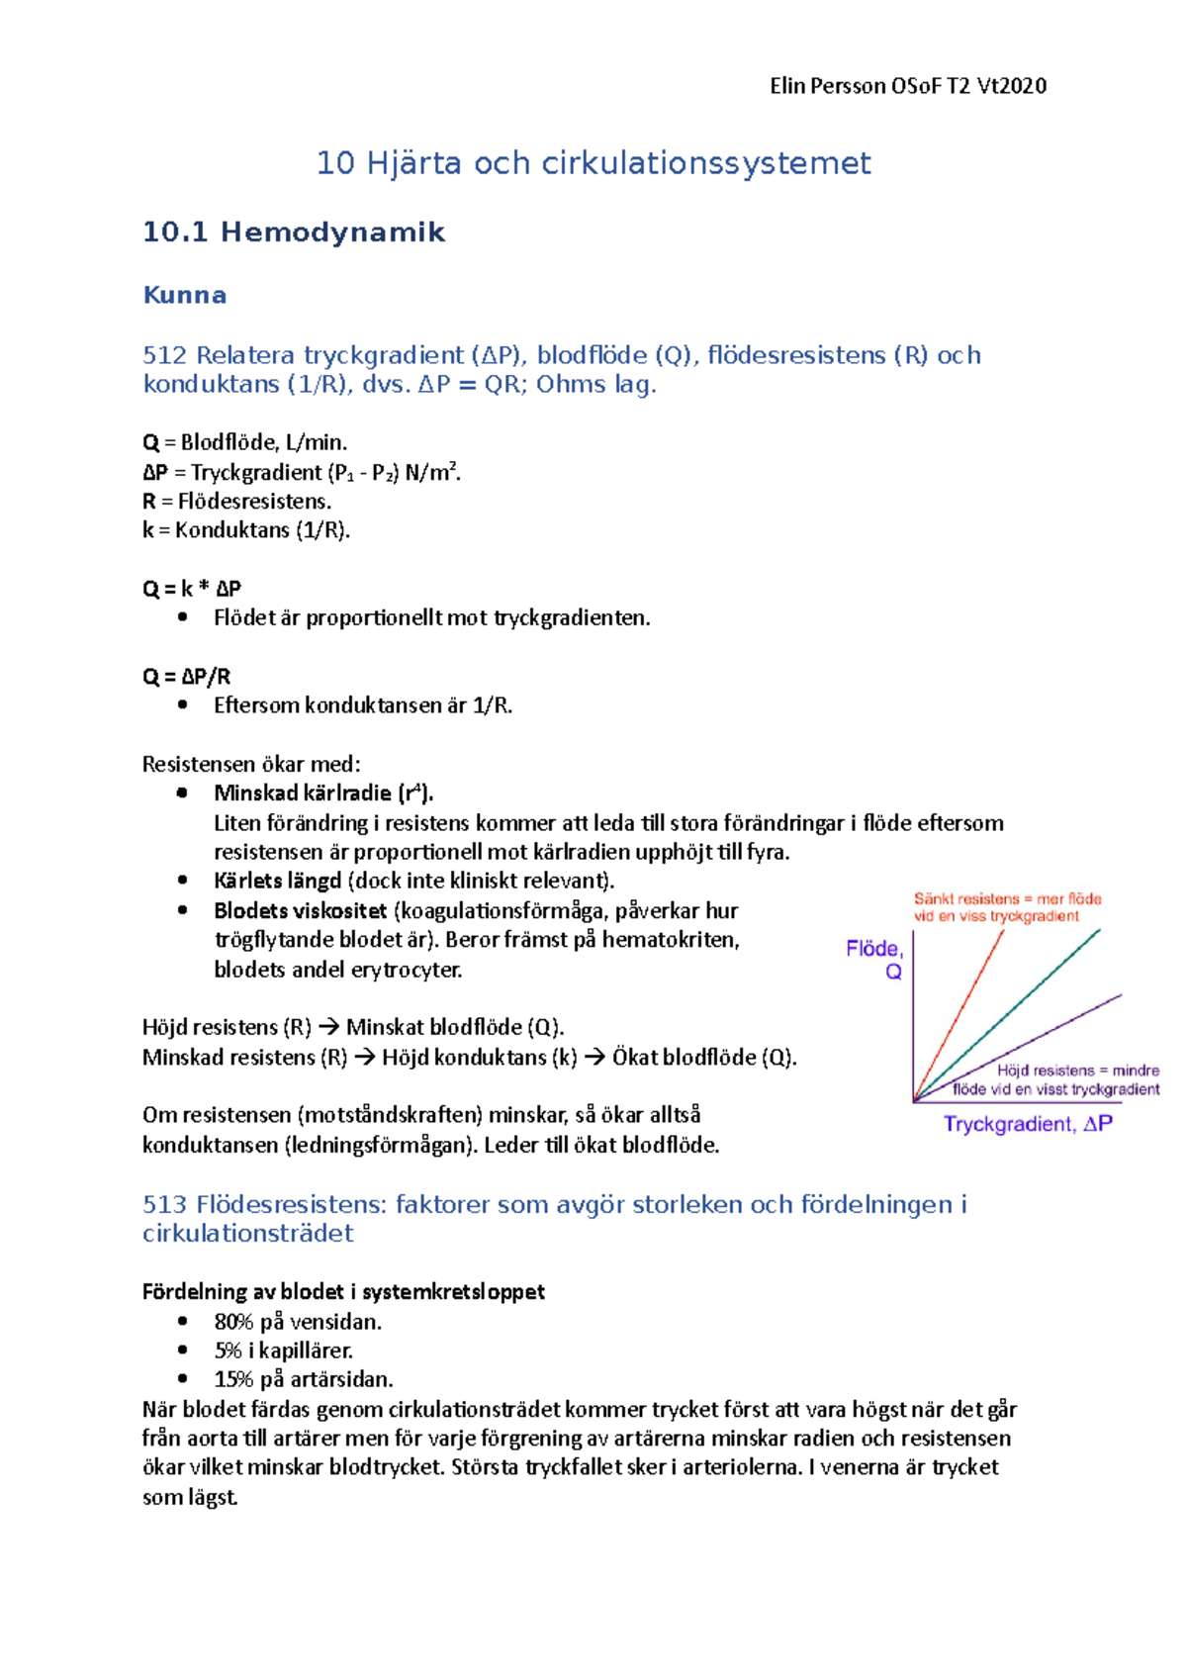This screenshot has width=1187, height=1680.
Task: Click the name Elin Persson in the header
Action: (x=828, y=86)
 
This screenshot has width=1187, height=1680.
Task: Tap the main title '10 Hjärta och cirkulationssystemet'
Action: (x=593, y=163)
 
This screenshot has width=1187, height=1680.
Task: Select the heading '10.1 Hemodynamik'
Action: (x=294, y=233)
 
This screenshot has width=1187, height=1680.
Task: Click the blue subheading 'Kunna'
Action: (x=185, y=295)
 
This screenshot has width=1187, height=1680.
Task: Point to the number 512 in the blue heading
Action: (x=165, y=355)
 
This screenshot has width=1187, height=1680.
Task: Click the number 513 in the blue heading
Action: (x=164, y=1204)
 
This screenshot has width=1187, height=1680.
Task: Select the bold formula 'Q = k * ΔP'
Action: (x=192, y=589)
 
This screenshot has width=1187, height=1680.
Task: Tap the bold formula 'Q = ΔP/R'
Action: (x=187, y=677)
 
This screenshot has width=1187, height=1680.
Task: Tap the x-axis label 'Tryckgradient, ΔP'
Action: (x=1028, y=1124)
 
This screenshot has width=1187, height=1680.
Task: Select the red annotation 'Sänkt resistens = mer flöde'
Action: (x=1007, y=899)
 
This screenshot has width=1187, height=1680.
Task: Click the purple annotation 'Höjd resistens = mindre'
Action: (x=1077, y=1071)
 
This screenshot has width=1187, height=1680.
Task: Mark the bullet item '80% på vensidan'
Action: (x=298, y=1322)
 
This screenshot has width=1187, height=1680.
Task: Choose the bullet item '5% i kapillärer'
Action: (x=284, y=1351)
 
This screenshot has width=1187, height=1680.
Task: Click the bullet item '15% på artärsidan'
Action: (x=304, y=1379)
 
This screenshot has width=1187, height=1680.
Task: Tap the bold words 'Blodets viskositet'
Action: (x=301, y=910)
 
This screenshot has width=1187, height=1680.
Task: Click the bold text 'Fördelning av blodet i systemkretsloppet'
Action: (x=343, y=1292)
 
